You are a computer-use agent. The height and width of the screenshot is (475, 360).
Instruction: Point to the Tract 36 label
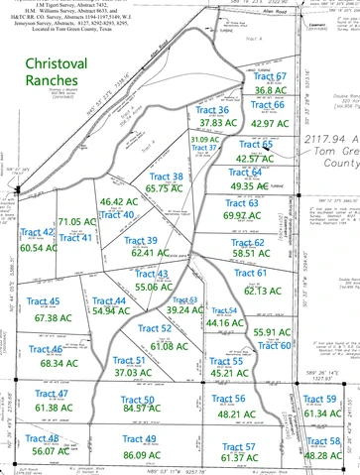tap(210, 109)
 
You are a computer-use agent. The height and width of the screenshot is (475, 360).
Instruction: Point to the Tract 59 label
tap(319, 399)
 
